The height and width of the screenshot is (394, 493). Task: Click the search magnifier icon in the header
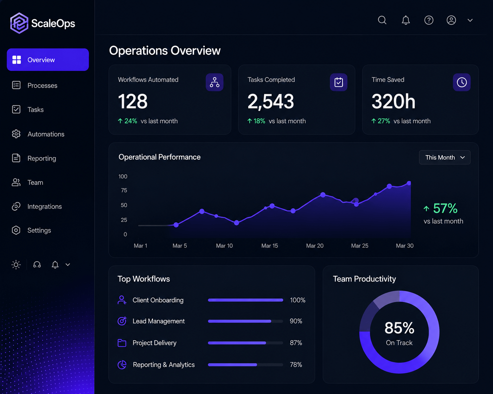click(x=382, y=20)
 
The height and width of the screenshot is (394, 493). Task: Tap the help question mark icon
click(x=429, y=20)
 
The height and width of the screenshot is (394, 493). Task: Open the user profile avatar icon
click(x=451, y=20)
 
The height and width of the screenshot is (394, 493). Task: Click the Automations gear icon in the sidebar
click(x=16, y=134)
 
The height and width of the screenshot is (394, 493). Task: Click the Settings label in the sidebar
click(x=39, y=230)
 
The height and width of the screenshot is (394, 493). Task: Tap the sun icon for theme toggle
click(x=16, y=265)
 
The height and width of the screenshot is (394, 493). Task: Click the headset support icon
click(x=37, y=265)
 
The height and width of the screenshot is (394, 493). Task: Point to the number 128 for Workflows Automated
click(x=133, y=101)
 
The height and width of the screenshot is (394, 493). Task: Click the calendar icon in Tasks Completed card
click(x=338, y=82)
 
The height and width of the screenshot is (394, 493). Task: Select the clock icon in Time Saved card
click(x=462, y=82)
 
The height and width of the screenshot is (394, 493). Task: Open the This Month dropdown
click(x=445, y=157)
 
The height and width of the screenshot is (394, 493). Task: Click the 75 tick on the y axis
click(x=124, y=190)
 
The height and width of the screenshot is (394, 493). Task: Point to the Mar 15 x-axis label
click(x=270, y=246)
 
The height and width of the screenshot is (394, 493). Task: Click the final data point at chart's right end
click(x=409, y=183)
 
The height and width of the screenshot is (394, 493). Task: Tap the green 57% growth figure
click(x=445, y=209)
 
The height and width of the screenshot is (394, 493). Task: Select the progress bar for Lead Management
click(x=245, y=321)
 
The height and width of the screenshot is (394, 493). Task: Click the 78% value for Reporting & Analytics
click(x=296, y=365)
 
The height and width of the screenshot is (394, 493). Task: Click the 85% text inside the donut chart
click(x=399, y=328)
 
